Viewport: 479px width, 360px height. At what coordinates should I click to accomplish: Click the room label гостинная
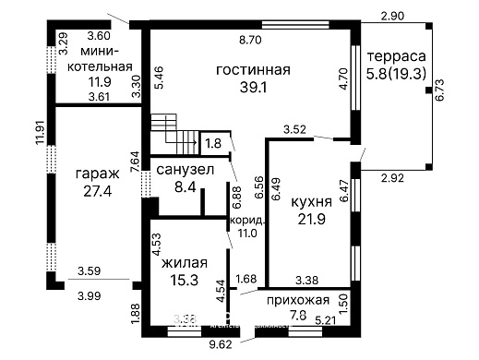pyautogui.click(x=253, y=70)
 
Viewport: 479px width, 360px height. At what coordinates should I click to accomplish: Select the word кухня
pyautogui.click(x=310, y=200)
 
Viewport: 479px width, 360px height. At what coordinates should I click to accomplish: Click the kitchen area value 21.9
pyautogui.click(x=310, y=219)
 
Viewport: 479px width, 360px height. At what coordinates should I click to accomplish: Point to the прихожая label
pyautogui.click(x=298, y=301)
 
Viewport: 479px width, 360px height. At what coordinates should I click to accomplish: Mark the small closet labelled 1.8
pyautogui.click(x=213, y=143)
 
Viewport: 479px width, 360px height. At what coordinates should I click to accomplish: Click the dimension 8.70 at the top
pyautogui.click(x=250, y=41)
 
